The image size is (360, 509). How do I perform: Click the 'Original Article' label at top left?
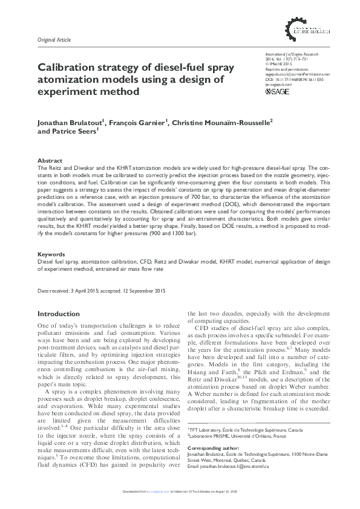[54, 41]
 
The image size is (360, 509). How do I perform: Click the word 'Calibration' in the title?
[67, 68]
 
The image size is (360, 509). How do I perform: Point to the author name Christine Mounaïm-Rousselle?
[221, 122]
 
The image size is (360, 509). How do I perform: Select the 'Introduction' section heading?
[58, 314]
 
